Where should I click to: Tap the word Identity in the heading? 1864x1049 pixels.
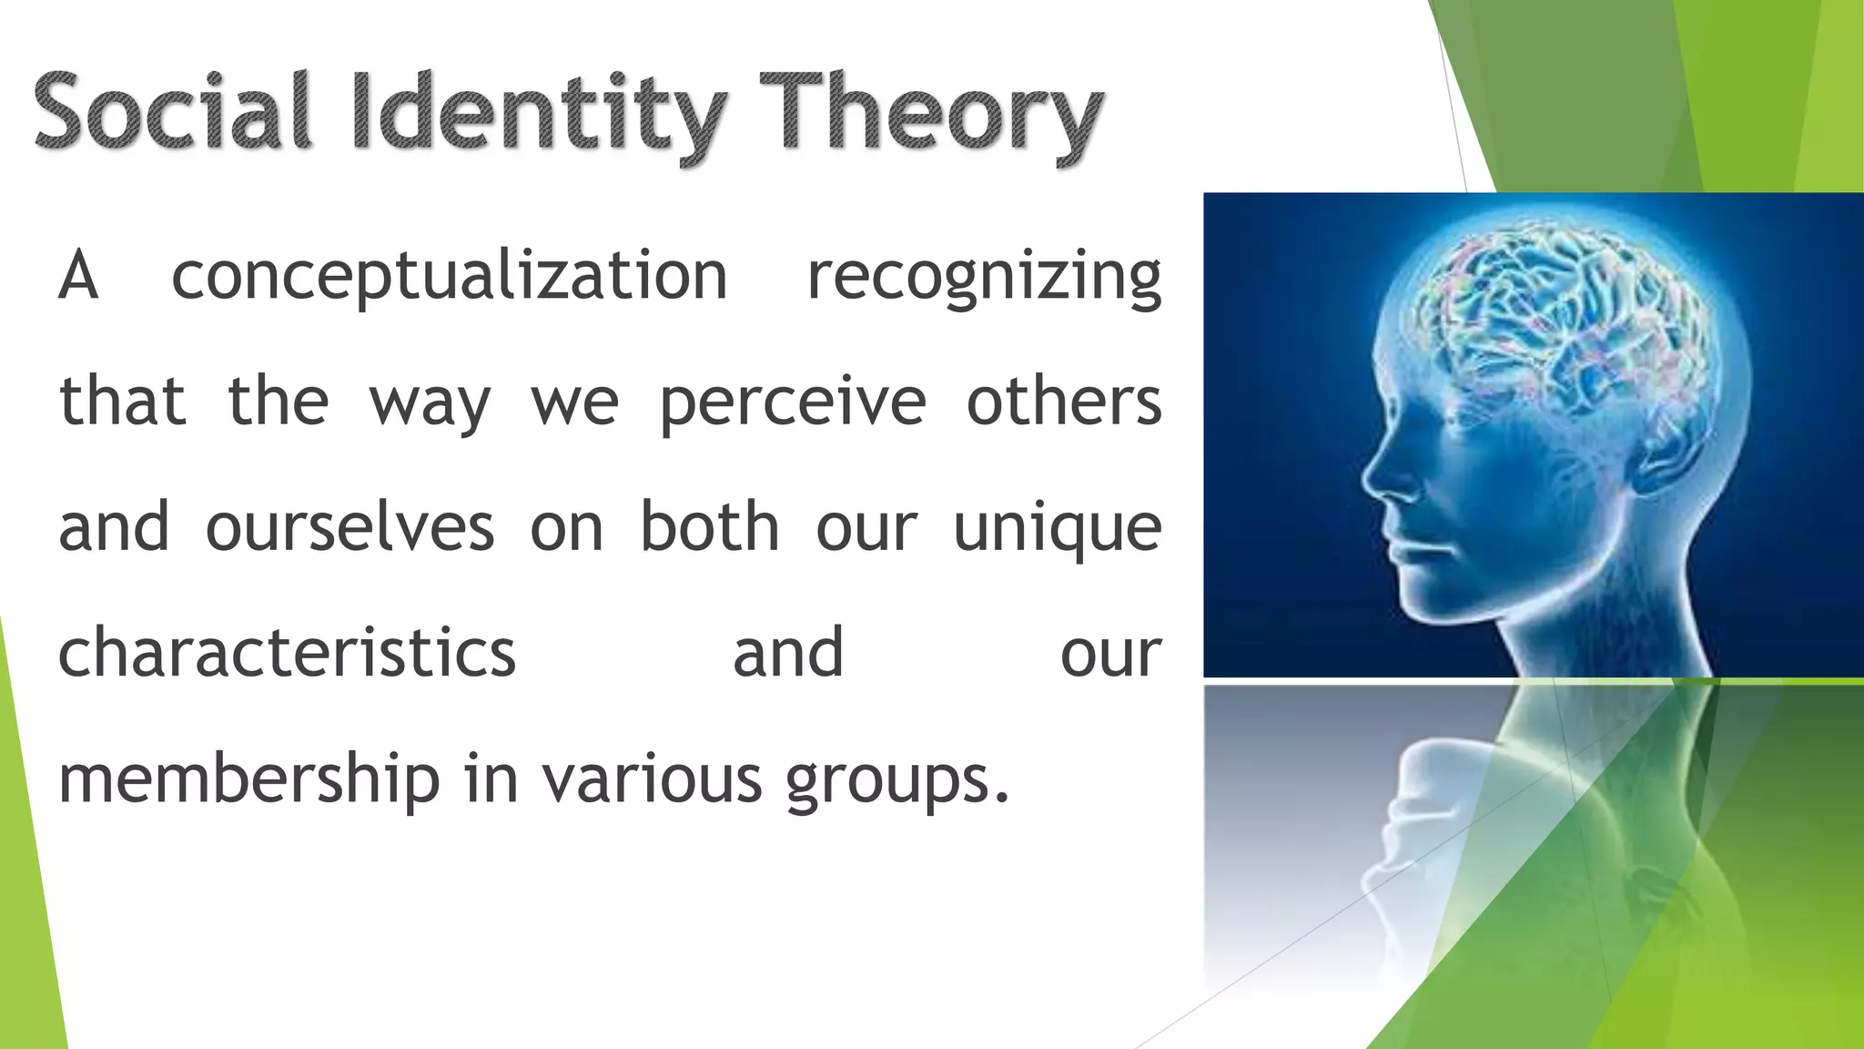[538, 114]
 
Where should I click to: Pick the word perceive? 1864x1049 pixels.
[793, 402]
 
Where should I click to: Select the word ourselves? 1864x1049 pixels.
[349, 527]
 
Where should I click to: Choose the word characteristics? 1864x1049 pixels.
[287, 653]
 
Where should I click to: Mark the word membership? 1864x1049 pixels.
[248, 780]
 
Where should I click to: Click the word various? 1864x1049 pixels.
[652, 779]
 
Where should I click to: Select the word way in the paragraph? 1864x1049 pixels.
[430, 403]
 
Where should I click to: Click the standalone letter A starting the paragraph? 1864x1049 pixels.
[78, 276]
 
